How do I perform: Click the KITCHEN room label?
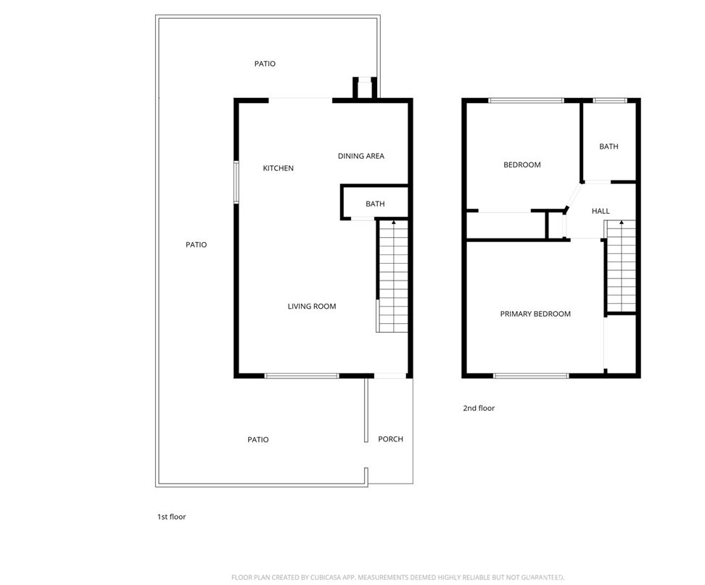[278, 168]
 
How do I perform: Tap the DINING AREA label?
[361, 156]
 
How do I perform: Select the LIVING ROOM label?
[312, 306]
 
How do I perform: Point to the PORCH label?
[390, 439]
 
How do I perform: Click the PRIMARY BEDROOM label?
[535, 314]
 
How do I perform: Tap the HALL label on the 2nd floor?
[601, 211]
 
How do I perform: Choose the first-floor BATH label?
[375, 204]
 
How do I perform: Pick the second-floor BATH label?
[609, 146]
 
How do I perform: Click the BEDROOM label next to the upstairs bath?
[522, 165]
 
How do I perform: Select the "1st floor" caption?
[172, 517]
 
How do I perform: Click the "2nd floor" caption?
[479, 408]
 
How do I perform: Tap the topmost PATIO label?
[265, 64]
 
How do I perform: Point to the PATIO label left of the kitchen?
[196, 244]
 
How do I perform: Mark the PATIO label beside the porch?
[257, 439]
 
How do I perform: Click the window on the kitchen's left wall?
[236, 182]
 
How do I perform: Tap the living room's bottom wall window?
[302, 376]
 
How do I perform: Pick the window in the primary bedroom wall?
[531, 376]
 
